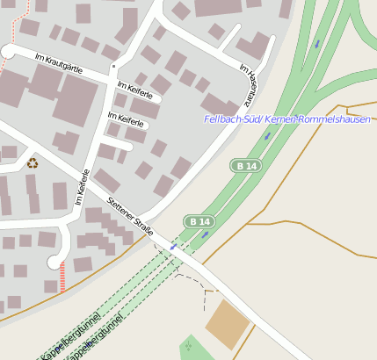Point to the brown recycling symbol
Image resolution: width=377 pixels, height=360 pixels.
click(33, 162)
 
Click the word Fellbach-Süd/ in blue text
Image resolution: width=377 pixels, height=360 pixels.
click(230, 119)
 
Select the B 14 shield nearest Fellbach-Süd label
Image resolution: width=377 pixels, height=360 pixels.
click(246, 165)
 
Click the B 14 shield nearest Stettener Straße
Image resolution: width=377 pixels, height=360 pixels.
click(199, 220)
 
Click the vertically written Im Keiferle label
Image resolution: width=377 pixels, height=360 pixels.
click(80, 187)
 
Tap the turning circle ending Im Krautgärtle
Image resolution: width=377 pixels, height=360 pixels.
click(8, 52)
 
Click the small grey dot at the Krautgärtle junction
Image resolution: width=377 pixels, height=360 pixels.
click(112, 66)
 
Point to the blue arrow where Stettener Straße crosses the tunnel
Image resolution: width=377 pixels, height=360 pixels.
click(173, 248)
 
